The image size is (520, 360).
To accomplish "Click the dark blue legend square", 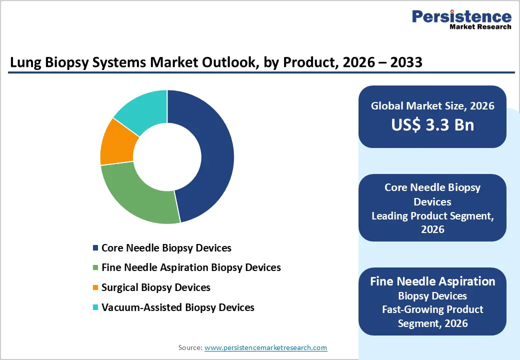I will (x=95, y=248).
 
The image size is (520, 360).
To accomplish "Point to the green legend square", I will (x=95, y=268).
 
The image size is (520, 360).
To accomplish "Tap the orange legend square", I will (x=95, y=288).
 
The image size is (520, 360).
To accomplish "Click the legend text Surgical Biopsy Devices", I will (x=155, y=287).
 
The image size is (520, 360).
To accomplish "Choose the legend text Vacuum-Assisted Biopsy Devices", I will (x=177, y=307).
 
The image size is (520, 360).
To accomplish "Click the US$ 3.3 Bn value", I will (x=432, y=124).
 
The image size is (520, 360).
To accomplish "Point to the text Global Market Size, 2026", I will (x=432, y=105).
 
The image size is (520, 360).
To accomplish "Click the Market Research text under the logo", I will (x=479, y=26).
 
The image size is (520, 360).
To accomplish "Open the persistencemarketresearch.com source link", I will (x=265, y=347).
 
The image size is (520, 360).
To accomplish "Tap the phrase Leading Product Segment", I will (x=432, y=216).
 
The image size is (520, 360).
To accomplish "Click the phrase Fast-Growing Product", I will (x=432, y=309).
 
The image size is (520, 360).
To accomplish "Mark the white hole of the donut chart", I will (x=167, y=156).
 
